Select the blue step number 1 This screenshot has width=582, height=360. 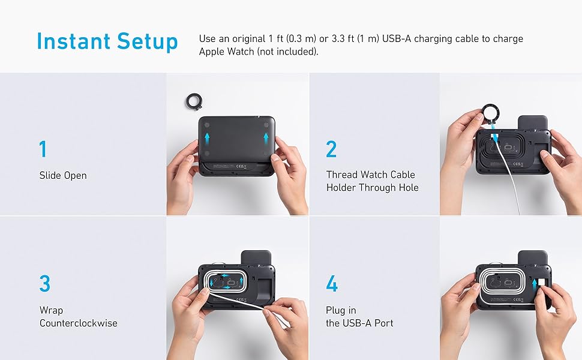(43, 149)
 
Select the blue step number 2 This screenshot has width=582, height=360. (331, 149)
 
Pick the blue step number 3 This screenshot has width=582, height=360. (44, 284)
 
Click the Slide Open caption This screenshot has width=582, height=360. (63, 175)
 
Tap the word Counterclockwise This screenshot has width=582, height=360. (79, 323)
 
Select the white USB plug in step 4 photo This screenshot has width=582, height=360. (541, 283)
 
